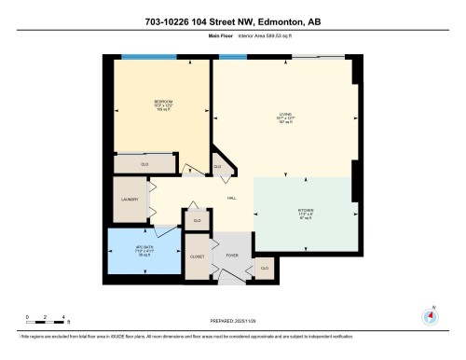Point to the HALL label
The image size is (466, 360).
231,197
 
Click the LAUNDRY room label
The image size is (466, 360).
130,200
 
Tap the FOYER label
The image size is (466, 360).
230,255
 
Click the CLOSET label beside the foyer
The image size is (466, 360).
197,255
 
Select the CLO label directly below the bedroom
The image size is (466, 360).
145,163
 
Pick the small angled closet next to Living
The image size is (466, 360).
218,167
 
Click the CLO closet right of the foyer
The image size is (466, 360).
265,268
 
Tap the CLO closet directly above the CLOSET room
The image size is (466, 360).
196,220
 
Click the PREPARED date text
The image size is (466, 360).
233,320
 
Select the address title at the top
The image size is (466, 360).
233,21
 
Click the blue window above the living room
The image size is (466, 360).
233,58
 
